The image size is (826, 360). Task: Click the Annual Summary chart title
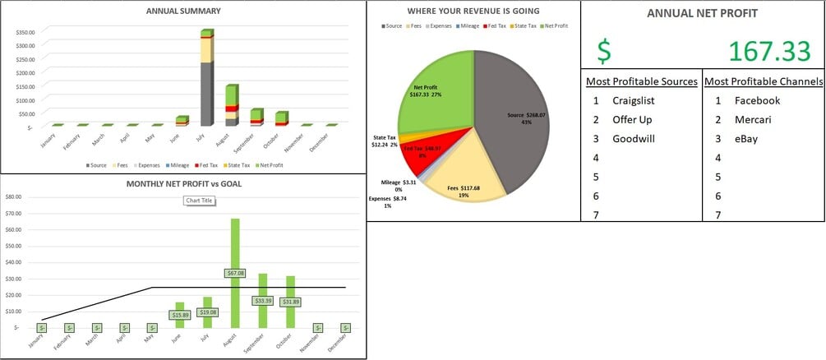[x=183, y=11]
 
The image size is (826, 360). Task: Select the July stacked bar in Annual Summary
[x=207, y=82]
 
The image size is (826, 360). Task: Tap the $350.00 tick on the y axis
[x=25, y=32]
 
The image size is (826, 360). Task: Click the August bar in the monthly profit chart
[x=235, y=247]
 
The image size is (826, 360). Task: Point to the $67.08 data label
[x=235, y=273]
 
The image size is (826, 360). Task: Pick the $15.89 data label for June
[x=181, y=314]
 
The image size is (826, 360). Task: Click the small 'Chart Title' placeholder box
[x=197, y=201]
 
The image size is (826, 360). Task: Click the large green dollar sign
[x=604, y=52]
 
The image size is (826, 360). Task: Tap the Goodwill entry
[x=634, y=138]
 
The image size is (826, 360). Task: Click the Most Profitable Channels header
[x=764, y=81]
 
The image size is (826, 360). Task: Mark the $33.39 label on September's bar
[x=263, y=301]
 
